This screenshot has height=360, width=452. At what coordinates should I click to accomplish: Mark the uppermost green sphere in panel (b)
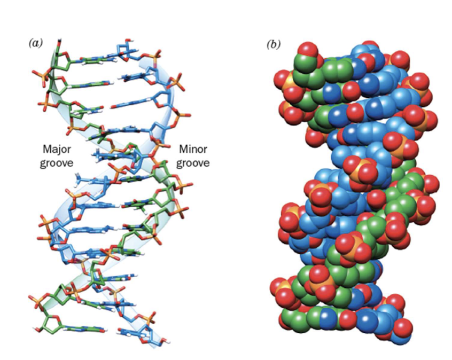[x=305, y=62]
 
